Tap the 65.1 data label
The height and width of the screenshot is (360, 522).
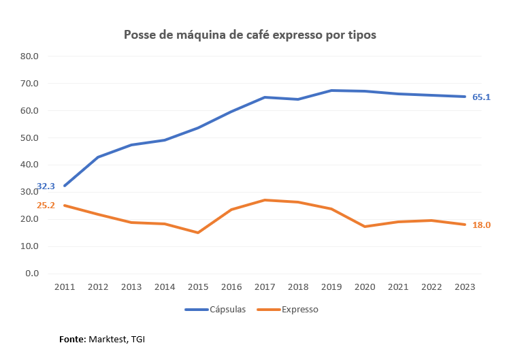(x=481, y=97)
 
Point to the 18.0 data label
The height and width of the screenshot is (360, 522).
(x=481, y=225)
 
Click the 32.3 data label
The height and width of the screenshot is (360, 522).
(x=46, y=186)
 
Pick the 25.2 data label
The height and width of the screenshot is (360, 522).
(x=46, y=205)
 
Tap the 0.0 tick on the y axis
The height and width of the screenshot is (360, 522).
(x=32, y=274)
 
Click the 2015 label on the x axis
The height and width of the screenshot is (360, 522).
(x=198, y=288)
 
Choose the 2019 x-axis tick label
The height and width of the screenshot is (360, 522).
(x=331, y=288)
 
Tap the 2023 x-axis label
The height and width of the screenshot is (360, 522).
(x=466, y=288)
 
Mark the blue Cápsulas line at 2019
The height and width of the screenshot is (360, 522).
(x=331, y=91)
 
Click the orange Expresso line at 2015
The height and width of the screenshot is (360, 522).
(x=198, y=233)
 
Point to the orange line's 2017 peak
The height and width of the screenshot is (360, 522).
(x=265, y=200)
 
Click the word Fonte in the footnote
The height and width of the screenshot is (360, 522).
(x=72, y=338)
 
